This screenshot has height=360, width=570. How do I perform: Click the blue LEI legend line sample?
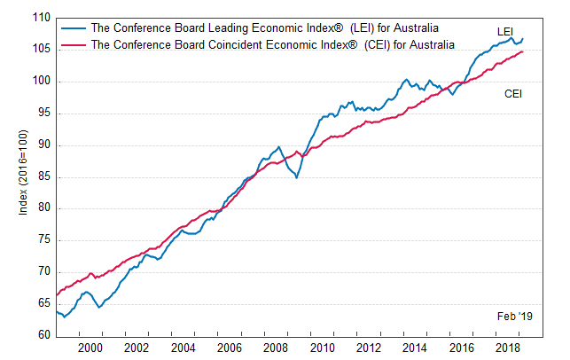pyautogui.click(x=74, y=27)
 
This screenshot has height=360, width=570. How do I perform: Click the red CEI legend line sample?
pyautogui.click(x=74, y=43)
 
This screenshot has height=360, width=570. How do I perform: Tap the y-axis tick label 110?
pyautogui.click(x=41, y=18)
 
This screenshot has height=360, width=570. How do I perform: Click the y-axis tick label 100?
pyautogui.click(x=41, y=82)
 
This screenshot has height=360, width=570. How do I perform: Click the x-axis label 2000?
pyautogui.click(x=90, y=347)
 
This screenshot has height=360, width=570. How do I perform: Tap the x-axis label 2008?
pyautogui.click(x=274, y=347)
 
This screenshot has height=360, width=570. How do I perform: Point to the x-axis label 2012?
pyautogui.click(x=367, y=347)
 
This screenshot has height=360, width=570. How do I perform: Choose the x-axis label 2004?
pyautogui.click(x=182, y=347)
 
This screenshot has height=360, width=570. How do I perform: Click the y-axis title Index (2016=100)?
pyautogui.click(x=22, y=176)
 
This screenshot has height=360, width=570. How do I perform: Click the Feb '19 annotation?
pyautogui.click(x=514, y=317)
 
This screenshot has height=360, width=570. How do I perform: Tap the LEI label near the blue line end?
pyautogui.click(x=505, y=32)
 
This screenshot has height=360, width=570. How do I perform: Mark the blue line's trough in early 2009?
pyautogui.click(x=296, y=177)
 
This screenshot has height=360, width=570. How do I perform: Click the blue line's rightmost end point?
pyautogui.click(x=523, y=38)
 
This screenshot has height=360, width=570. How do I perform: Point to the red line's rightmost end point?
pyautogui.click(x=523, y=51)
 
